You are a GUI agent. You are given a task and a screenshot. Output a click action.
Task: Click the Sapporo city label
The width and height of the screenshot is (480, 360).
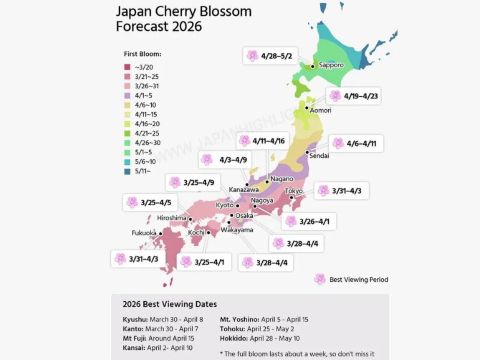click(x=332, y=66)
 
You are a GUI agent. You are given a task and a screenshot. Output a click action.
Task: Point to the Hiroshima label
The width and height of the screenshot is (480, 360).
click(x=172, y=217)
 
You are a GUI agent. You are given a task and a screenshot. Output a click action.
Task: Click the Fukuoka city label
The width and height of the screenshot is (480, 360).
click(x=144, y=232)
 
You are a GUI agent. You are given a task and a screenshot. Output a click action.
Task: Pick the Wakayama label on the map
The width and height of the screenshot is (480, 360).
click(x=237, y=230)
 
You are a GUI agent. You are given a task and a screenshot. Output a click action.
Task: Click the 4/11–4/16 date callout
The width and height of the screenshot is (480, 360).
click(x=263, y=141)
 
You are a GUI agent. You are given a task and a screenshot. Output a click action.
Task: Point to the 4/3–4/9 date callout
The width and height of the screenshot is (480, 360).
click(x=217, y=159)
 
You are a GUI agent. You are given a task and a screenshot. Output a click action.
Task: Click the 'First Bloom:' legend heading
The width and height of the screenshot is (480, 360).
click(x=142, y=52)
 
